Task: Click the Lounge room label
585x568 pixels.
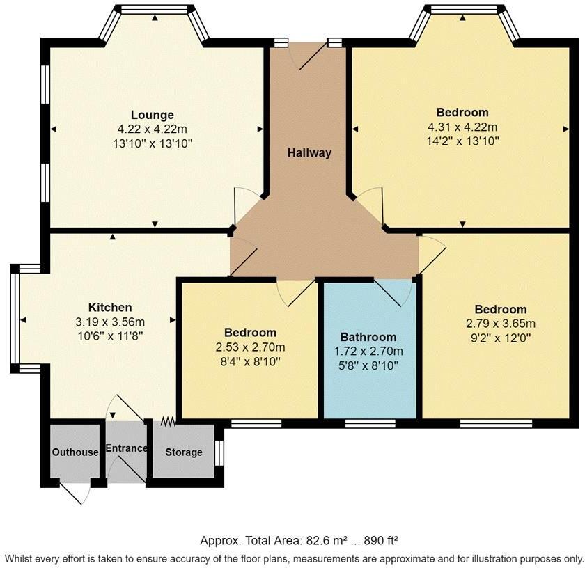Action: [x=153, y=115]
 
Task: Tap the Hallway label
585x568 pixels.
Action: [x=309, y=153]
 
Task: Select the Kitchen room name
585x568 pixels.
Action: [x=110, y=307]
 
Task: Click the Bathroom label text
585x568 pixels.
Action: [x=368, y=337]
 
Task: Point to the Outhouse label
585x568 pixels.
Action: [x=75, y=452]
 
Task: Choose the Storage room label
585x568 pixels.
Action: [x=184, y=452]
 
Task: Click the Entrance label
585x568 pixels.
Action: [x=127, y=448]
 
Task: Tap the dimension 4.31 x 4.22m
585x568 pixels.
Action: [x=462, y=127]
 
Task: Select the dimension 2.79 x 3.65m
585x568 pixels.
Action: [x=501, y=323]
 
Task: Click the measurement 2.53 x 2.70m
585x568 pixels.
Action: [x=250, y=347]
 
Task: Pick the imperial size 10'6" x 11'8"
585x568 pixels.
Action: [x=110, y=335]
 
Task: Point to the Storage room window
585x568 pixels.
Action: [x=220, y=453]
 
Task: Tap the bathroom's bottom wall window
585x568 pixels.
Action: [x=370, y=423]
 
